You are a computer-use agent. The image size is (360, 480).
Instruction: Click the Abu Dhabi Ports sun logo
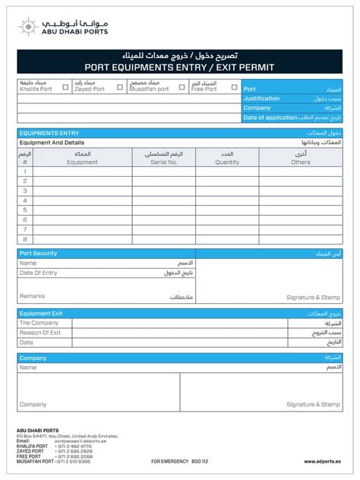pos(28,27)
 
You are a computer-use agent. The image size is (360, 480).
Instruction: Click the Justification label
pos(262,99)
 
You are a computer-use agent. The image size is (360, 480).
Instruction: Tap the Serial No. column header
pos(163,162)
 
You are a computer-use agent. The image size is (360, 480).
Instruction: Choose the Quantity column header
pos(227,162)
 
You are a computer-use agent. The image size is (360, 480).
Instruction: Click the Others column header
pos(301,162)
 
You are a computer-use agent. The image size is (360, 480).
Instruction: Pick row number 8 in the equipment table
pos(25,238)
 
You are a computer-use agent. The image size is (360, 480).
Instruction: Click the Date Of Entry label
pos(39,273)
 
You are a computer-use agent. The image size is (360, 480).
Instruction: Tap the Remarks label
pos(32,296)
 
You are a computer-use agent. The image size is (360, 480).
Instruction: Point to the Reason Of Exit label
pos(40,333)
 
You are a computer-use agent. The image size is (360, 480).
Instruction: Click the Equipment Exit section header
pos(41,313)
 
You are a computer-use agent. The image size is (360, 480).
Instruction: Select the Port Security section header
pos(38,253)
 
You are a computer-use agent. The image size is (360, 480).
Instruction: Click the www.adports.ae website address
pos(323,461)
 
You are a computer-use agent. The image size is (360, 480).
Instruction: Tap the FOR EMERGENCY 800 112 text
pos(179,461)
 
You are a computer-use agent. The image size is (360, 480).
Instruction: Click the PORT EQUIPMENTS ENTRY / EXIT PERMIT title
pos(179,68)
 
